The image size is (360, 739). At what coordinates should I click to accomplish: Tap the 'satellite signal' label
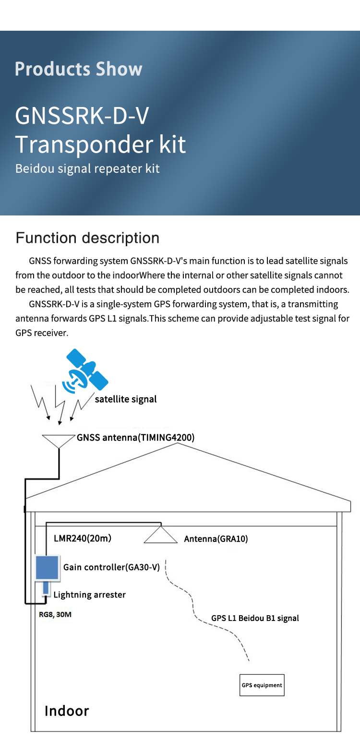tap(126, 399)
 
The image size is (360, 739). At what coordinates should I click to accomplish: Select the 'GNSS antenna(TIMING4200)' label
tap(135, 438)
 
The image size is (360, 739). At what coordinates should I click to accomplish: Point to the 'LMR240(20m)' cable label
tap(82, 538)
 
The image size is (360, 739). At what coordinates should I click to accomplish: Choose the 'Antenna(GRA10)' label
tap(216, 539)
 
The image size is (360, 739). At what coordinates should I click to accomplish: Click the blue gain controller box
tap(48, 568)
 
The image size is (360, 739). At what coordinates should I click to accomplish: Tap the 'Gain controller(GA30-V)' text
tap(111, 568)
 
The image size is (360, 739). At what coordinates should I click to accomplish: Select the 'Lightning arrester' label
tap(89, 595)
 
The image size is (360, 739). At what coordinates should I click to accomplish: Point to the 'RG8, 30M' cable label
tap(55, 614)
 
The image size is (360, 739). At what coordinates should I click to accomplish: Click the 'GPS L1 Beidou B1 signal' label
tap(255, 618)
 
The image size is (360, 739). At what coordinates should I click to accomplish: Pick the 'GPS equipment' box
tap(262, 685)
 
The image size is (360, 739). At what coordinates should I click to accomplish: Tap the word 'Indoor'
tap(67, 711)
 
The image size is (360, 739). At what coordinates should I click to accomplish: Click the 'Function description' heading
tap(87, 238)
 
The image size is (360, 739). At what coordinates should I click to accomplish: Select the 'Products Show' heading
tap(78, 69)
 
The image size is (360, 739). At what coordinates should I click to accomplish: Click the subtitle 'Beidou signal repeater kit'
tap(87, 169)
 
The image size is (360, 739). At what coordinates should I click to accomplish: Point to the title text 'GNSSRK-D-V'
tap(82, 116)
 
